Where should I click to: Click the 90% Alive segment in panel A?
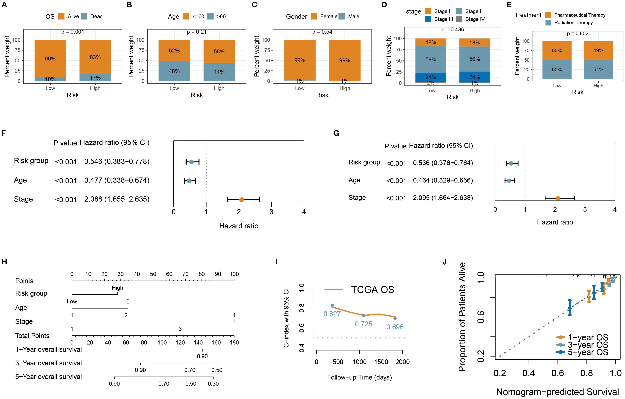[50, 58]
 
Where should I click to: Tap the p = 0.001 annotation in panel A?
[73, 32]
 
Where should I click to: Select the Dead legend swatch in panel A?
[84, 16]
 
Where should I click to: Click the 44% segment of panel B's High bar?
[219, 72]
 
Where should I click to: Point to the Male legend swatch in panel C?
[342, 16]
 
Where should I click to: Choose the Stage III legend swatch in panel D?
[428, 19]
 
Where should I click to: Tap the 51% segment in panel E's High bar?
[598, 69]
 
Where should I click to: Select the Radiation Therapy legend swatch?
[549, 23]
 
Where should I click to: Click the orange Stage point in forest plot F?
[241, 200]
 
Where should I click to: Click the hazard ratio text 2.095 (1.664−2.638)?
[443, 198]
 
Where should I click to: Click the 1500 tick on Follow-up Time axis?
[381, 362]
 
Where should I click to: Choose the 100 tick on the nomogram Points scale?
[234, 274]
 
